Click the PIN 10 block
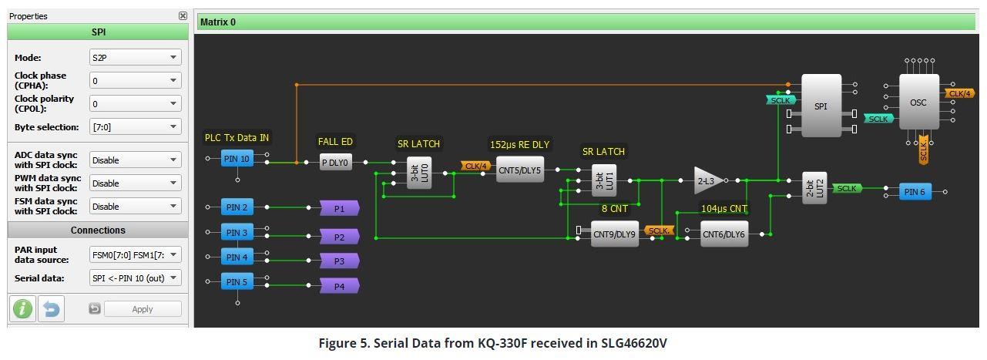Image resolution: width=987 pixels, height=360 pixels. (237, 159)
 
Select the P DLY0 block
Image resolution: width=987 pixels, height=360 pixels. (335, 162)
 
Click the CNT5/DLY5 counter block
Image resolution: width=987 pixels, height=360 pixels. (519, 170)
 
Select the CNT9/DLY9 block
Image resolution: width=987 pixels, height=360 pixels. (614, 234)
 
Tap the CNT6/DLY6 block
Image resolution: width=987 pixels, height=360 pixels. (724, 234)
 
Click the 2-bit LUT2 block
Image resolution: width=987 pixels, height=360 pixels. (814, 188)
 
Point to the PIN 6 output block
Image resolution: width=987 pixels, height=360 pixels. (915, 192)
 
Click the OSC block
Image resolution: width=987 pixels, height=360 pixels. (918, 102)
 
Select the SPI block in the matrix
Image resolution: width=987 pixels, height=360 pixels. (821, 106)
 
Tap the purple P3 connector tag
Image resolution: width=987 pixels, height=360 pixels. (339, 261)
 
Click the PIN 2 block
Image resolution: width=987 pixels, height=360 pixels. (237, 207)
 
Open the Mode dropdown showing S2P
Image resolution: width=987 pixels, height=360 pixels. (136, 58)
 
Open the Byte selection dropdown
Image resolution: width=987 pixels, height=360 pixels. (136, 127)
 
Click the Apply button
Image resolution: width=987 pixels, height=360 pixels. (143, 309)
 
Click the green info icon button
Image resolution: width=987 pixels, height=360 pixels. (23, 309)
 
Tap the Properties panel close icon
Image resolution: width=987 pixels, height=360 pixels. (183, 16)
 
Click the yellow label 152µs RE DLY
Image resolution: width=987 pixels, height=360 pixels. (519, 144)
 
